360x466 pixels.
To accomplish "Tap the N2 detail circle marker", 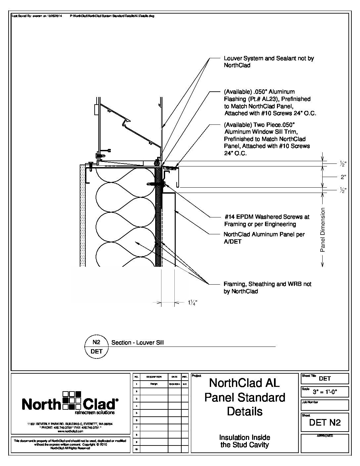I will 96,347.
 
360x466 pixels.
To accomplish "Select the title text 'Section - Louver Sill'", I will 138,343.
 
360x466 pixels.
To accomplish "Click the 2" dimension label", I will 343,177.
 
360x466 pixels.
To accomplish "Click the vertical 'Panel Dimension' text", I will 323,230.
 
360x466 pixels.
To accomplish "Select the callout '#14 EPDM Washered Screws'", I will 266,217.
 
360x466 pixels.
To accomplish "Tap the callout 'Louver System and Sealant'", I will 269,59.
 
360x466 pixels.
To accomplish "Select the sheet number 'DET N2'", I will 325,422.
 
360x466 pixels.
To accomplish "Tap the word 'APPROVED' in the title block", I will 325,436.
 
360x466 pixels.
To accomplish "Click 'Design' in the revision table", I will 154,384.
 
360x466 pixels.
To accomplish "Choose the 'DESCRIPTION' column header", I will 154,377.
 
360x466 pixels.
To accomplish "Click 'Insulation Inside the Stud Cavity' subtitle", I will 245,441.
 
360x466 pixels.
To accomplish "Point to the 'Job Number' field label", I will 310,402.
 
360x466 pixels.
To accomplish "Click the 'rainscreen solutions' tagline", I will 95,413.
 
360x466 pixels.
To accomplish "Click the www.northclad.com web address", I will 70,432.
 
